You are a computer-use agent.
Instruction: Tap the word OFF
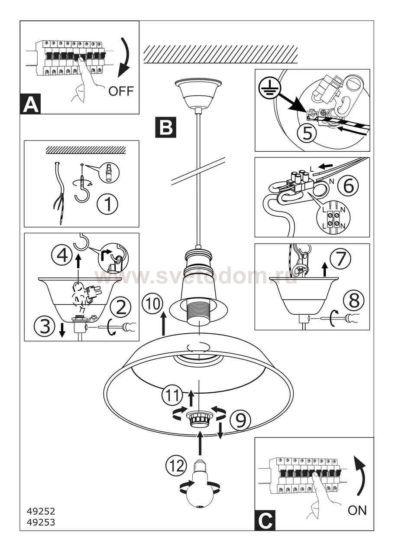point(121,91)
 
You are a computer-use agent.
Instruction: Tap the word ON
point(357,510)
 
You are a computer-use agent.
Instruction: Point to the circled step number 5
point(307,133)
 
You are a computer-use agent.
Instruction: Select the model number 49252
point(41,512)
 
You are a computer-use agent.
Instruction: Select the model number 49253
point(41,522)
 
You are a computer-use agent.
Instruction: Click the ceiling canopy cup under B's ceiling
point(197,94)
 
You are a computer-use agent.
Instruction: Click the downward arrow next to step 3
point(62,330)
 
